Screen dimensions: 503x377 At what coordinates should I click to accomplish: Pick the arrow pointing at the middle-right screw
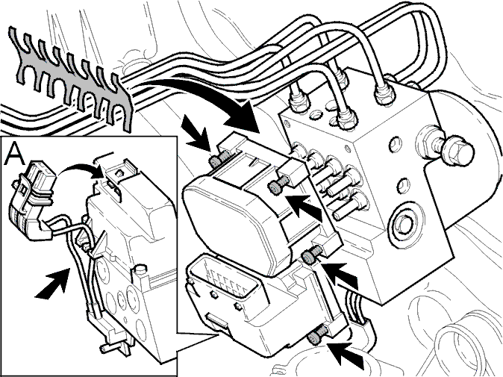pyautogui.click(x=340, y=275)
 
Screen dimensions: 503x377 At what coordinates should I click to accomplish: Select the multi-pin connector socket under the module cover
pyautogui.click(x=226, y=278)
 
